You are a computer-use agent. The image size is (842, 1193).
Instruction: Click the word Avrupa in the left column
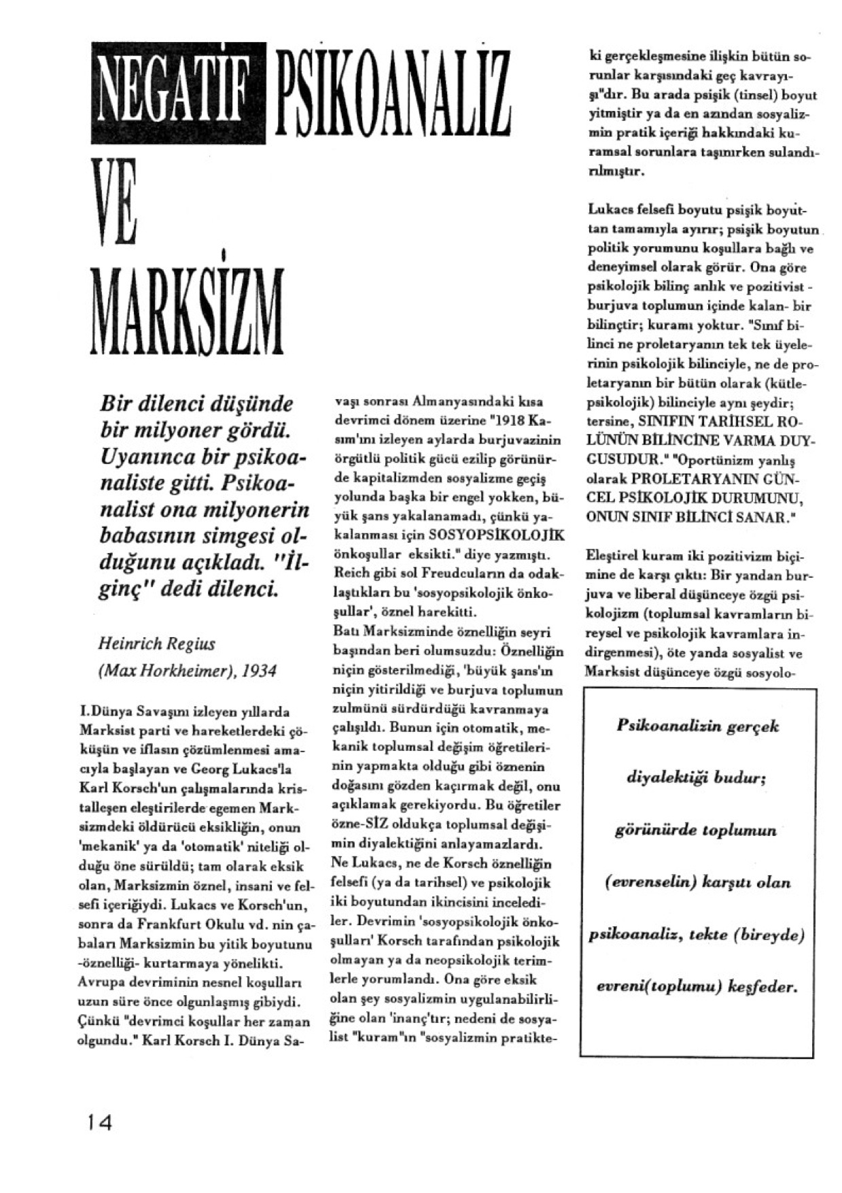point(99,983)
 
